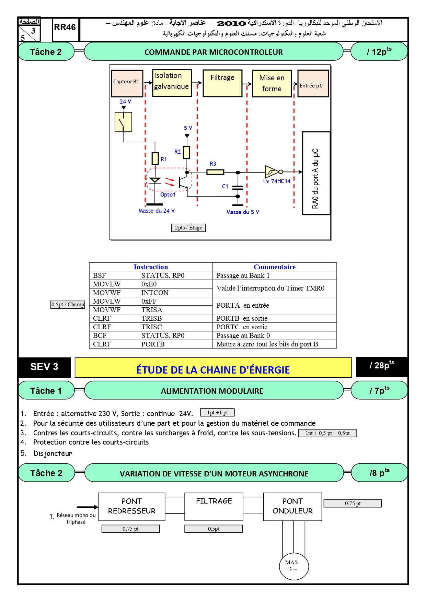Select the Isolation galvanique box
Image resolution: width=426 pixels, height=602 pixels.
pos(172,83)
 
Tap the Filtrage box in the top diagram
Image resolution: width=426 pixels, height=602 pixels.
pos(222,83)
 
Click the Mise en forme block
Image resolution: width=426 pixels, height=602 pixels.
pos(272,84)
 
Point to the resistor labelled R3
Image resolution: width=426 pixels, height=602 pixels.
pos(215,172)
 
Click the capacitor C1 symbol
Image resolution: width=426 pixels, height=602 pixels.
pos(238,188)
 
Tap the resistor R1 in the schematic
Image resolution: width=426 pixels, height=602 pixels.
pos(155,159)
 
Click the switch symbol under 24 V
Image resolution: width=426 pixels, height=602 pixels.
pos(123,122)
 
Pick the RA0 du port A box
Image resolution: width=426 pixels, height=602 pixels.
pos(316,173)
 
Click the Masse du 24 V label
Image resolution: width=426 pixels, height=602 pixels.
pos(157,211)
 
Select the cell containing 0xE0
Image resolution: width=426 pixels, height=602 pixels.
pos(149,284)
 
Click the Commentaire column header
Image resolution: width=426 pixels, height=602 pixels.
pos(275,267)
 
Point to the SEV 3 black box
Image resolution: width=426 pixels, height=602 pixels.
pos(44,367)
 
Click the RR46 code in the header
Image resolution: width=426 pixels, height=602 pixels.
pos(65,27)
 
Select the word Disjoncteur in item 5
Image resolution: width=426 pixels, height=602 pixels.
pos(53,453)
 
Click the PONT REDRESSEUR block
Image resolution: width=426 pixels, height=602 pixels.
pos(132,507)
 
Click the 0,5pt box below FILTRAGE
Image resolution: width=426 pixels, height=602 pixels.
pos(214,529)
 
